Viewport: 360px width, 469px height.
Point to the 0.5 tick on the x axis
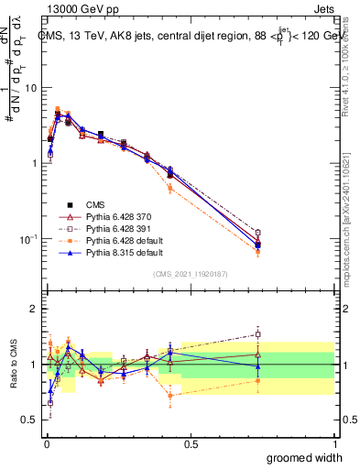point(191,443)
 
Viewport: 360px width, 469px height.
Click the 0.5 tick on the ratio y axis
point(29,420)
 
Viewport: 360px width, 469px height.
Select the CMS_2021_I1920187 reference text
point(191,274)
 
